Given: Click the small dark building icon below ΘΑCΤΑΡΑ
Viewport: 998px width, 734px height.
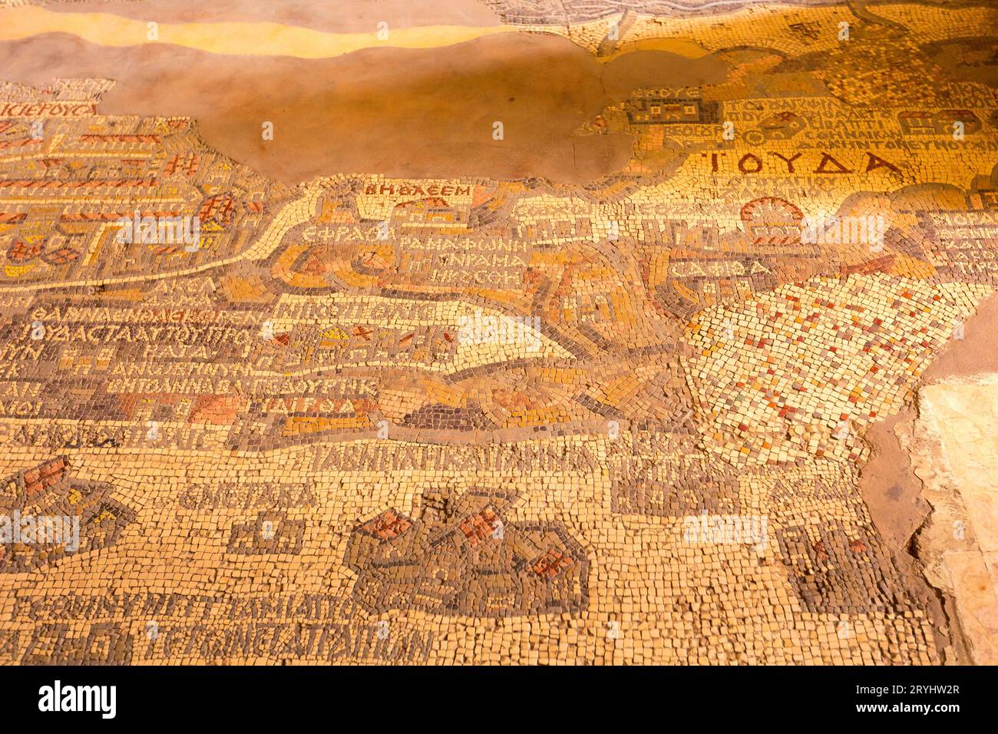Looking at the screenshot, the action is point(265,534).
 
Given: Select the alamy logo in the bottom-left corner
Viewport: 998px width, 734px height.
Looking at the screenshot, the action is point(78,699).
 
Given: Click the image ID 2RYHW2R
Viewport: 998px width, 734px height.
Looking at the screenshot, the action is point(917,689).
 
